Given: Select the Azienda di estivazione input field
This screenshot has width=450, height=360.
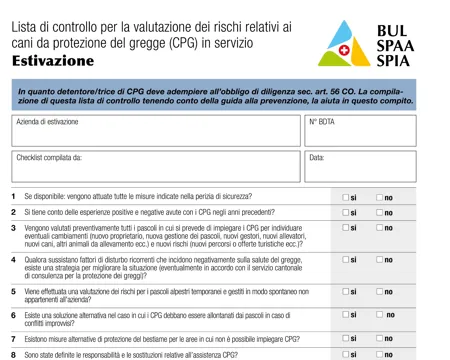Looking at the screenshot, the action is point(155,131).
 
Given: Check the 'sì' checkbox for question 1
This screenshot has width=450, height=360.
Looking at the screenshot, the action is point(346,197).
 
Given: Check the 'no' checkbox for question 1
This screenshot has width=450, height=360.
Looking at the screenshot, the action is point(380,197).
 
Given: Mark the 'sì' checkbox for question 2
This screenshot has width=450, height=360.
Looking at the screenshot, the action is point(346,212).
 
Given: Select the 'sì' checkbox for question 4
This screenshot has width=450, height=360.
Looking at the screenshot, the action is point(346,260).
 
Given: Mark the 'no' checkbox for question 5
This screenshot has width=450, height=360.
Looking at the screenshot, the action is point(380,292).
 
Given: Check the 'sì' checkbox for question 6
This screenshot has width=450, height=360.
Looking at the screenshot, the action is point(346,316).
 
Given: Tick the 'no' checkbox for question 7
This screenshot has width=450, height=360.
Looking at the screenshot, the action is point(380,339).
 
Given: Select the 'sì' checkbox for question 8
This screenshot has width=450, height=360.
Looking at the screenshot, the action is point(346,354).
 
